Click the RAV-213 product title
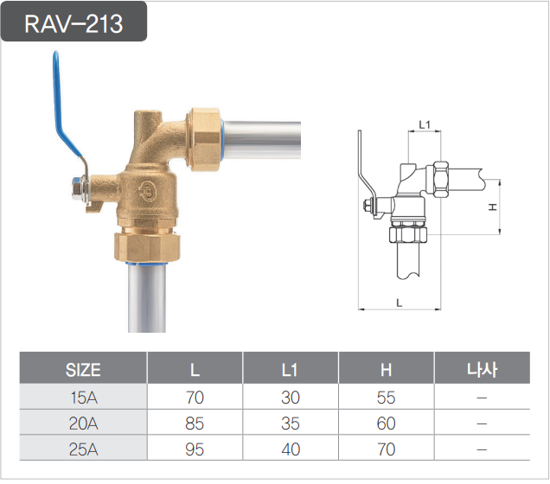[x=74, y=23]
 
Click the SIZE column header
[x=83, y=370]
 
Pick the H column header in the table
[x=386, y=370]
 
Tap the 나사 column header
[x=481, y=370]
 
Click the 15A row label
[x=83, y=398]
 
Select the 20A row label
[x=83, y=424]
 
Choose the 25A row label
[x=83, y=450]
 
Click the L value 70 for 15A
[x=195, y=398]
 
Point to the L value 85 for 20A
[x=195, y=424]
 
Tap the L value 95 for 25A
[x=195, y=450]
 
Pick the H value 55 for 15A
[x=386, y=398]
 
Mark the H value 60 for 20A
[x=386, y=424]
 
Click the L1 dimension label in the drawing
[x=424, y=125]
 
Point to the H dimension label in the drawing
[x=491, y=207]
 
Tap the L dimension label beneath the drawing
[x=399, y=302]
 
